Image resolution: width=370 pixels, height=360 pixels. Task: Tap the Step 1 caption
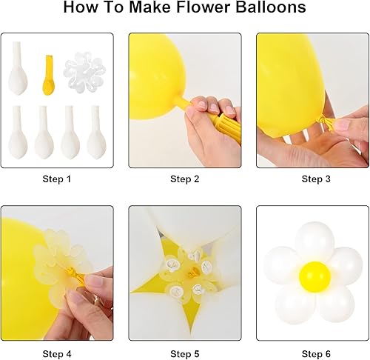[x=58, y=179]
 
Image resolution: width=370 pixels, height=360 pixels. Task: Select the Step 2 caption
[x=185, y=179]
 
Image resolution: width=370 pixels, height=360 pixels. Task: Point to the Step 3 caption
[x=313, y=179]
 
